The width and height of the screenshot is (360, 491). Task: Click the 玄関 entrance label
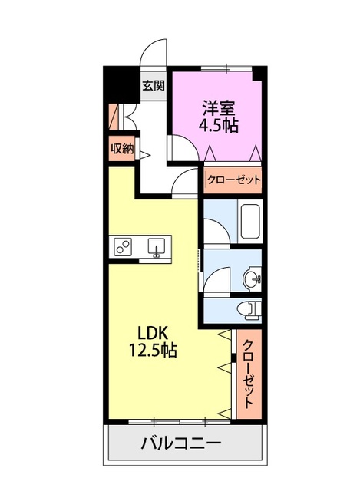(154, 86)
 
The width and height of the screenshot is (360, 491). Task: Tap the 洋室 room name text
(219, 107)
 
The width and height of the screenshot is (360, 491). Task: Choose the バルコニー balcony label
(181, 443)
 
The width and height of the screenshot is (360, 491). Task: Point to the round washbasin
(251, 278)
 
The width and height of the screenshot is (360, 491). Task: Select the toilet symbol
(247, 308)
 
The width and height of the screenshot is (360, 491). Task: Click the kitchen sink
(157, 247)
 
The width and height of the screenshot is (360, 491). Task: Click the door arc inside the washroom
(216, 278)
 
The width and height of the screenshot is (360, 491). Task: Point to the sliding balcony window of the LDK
(180, 420)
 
